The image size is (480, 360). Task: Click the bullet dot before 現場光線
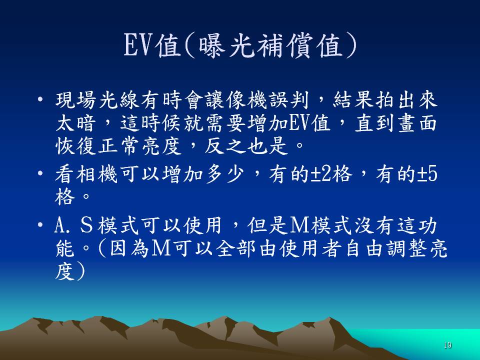[40, 99]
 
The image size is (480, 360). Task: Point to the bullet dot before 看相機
[40, 173]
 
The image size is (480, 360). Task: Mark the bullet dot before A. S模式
[40, 225]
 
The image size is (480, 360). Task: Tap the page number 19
[447, 345]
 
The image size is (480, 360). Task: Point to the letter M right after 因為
[161, 248]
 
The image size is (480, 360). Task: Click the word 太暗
[75, 123]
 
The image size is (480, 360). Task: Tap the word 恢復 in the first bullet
[75, 145]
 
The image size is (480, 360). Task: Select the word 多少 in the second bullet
[224, 174]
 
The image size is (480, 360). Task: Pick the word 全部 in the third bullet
[235, 248]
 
